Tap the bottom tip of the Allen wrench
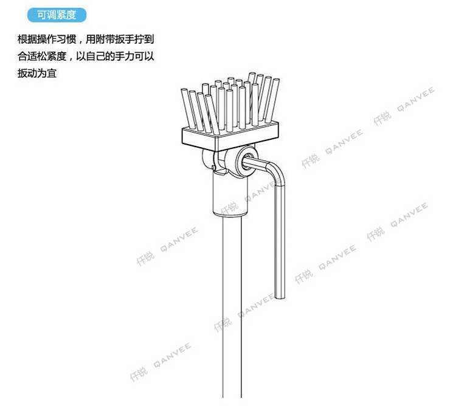pyautogui.click(x=280, y=297)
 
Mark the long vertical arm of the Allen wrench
pyautogui.click(x=280, y=243)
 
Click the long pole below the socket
pyautogui.click(x=234, y=304)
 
